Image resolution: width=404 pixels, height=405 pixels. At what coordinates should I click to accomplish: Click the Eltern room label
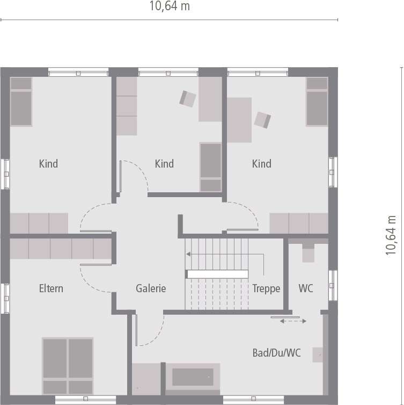point(51,288)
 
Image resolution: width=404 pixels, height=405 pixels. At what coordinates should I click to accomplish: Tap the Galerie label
point(151,288)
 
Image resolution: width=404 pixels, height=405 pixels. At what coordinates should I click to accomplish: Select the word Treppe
point(266,288)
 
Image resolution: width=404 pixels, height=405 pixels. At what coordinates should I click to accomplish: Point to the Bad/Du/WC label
point(276,353)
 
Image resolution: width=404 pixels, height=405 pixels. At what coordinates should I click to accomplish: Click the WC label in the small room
point(306,288)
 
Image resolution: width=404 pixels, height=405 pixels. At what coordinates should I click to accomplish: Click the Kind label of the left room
point(48,164)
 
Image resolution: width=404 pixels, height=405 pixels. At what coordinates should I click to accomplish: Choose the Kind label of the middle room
point(164,164)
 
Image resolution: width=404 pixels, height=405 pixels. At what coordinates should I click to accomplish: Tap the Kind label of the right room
point(262,164)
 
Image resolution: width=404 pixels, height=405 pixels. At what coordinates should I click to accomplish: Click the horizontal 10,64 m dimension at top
point(170,6)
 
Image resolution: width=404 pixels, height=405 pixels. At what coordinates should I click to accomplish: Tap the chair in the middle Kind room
point(188,98)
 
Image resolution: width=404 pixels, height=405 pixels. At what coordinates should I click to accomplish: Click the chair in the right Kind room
point(263,120)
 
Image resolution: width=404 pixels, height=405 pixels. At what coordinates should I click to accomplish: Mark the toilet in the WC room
point(308,252)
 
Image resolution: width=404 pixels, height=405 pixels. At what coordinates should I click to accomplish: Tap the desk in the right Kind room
point(239,120)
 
